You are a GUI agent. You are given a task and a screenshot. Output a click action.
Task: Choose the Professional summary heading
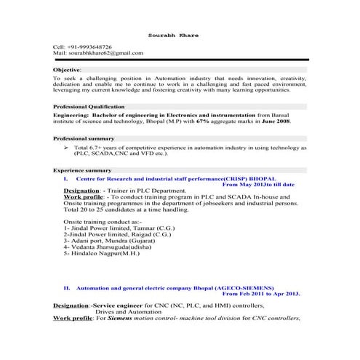point(84,137)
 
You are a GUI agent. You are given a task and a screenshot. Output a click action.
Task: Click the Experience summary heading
point(82,169)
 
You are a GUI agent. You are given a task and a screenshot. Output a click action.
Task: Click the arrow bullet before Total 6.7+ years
point(66,147)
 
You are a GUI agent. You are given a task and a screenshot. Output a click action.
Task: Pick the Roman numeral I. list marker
point(66,177)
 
